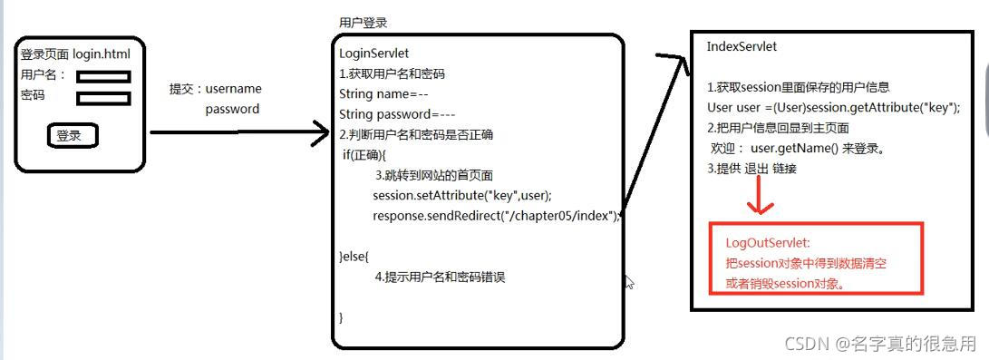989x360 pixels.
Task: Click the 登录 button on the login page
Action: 70,136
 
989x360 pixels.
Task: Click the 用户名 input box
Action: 104,78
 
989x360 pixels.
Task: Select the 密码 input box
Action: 104,98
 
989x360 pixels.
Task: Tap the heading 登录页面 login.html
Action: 82,54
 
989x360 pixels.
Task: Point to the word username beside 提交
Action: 234,89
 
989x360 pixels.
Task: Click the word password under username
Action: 232,109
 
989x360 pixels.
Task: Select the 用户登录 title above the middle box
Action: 363,23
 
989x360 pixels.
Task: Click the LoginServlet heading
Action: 374,54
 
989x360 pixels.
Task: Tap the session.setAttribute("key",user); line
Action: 462,195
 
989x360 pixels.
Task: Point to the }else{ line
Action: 354,257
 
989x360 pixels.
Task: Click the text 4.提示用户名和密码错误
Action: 440,277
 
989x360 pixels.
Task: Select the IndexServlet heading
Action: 742,46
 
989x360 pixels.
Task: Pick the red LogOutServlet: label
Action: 768,243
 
